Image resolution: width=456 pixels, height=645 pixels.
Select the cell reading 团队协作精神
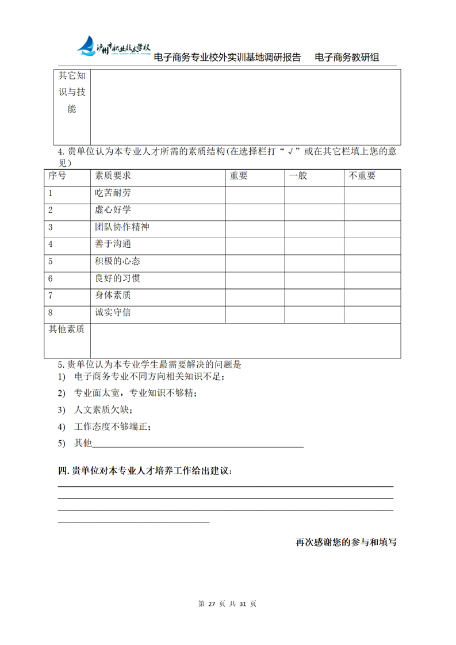122,227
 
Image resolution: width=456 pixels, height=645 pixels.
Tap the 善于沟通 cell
109,245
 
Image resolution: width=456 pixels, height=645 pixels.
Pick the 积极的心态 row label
117,262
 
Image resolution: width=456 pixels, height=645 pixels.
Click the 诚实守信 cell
113,313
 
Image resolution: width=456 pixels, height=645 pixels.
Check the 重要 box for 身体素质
255,296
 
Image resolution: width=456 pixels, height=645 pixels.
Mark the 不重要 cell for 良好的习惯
372,279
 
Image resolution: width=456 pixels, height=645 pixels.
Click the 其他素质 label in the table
66,330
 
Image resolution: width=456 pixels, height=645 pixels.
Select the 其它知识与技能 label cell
72,92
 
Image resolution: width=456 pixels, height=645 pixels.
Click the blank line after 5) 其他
198,444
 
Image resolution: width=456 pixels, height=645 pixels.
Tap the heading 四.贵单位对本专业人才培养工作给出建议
145,471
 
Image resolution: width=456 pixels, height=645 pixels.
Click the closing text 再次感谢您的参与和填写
346,542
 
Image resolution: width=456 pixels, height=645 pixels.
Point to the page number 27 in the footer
211,604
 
